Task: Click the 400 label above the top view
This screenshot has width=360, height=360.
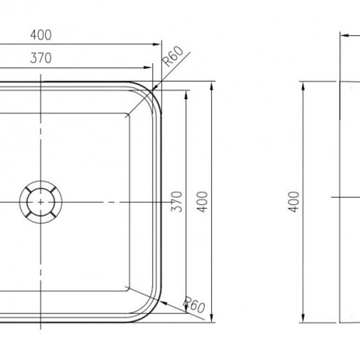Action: pyautogui.click(x=41, y=35)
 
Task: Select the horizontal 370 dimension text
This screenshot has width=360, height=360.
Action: pyautogui.click(x=41, y=58)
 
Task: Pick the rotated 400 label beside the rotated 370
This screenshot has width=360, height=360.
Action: pyautogui.click(x=203, y=202)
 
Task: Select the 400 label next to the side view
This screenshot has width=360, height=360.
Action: pyautogui.click(x=295, y=202)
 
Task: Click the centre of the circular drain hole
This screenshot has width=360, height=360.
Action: pyautogui.click(x=41, y=203)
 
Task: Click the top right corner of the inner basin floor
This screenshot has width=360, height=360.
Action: pyautogui.click(x=128, y=116)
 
